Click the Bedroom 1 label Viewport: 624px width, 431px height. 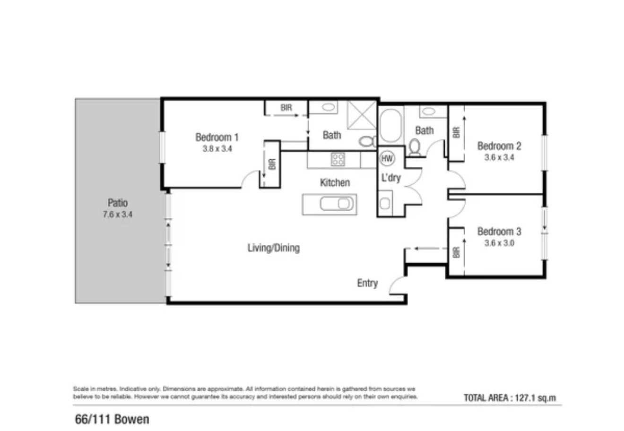tap(217, 137)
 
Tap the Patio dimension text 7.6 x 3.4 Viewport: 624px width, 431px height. tap(118, 215)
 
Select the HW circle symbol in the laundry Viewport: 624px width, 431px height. tap(387, 158)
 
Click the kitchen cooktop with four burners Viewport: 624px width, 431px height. tap(338, 159)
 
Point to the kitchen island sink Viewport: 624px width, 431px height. tap(337, 204)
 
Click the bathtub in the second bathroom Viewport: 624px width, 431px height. tap(391, 126)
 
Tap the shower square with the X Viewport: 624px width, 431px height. tap(362, 115)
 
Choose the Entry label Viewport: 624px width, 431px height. tap(367, 283)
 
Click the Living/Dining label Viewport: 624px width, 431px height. tap(274, 248)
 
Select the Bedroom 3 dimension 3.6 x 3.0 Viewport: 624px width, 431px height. tap(499, 243)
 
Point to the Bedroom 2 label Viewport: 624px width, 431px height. tap(499, 146)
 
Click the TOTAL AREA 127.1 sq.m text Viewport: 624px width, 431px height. tap(510, 398)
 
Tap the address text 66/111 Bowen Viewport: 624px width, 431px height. tap(112, 419)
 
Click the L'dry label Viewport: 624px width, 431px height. tap(391, 178)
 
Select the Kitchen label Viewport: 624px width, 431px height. tap(335, 182)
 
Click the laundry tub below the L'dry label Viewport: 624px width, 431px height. tap(385, 203)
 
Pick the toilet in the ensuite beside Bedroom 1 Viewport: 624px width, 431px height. tap(367, 141)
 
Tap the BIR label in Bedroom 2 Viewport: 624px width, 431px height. tap(456, 132)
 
